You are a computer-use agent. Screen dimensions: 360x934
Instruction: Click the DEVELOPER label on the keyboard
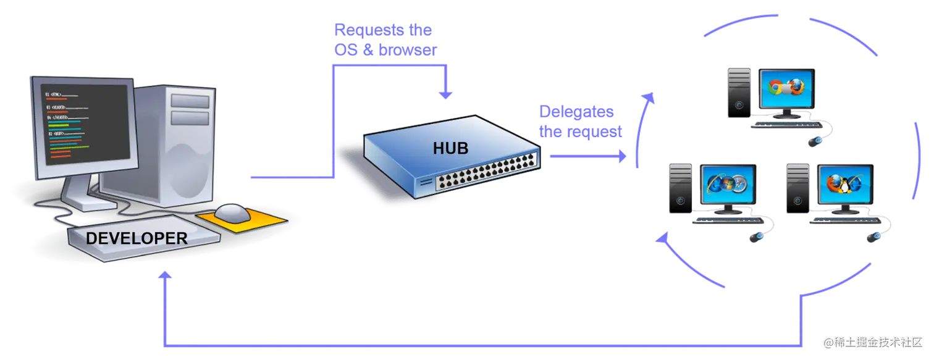[136, 238]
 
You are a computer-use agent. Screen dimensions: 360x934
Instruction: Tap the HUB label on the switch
[450, 148]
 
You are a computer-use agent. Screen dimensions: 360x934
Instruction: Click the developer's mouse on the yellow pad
[233, 213]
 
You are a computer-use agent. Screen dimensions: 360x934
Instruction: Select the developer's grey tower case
[179, 148]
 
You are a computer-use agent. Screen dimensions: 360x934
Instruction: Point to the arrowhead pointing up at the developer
[164, 276]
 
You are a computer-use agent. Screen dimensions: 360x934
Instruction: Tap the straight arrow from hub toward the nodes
[587, 156]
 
